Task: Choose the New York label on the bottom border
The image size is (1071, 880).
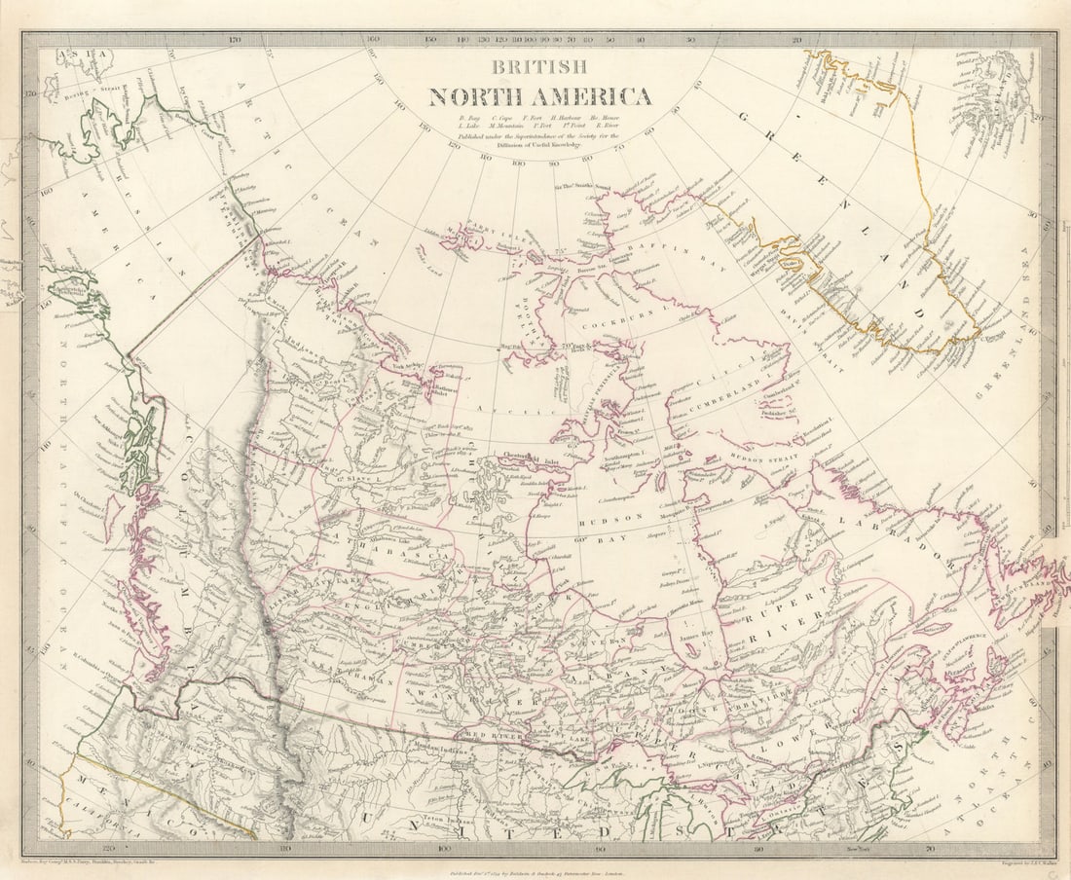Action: pyautogui.click(x=856, y=849)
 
